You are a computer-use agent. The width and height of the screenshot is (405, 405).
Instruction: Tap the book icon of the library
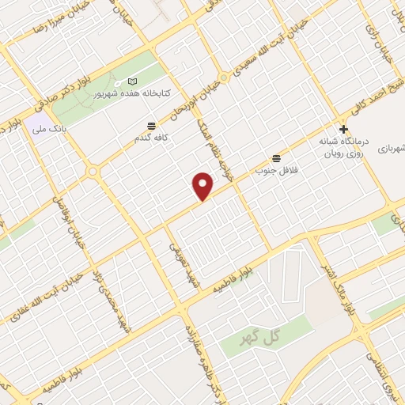(132, 82)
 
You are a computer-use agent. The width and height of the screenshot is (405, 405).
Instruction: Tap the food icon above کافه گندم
(151, 125)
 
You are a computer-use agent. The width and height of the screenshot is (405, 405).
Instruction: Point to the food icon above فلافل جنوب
(275, 157)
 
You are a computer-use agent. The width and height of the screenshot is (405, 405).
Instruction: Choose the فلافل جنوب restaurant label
(274, 168)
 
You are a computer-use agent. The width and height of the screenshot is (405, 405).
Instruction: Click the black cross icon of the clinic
(343, 129)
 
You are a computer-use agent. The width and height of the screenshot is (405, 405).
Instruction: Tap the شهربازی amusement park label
(389, 147)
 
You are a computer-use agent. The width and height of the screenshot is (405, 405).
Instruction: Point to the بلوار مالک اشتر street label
(348, 289)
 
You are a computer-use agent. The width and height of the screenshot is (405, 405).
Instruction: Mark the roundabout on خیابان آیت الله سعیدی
(225, 78)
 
